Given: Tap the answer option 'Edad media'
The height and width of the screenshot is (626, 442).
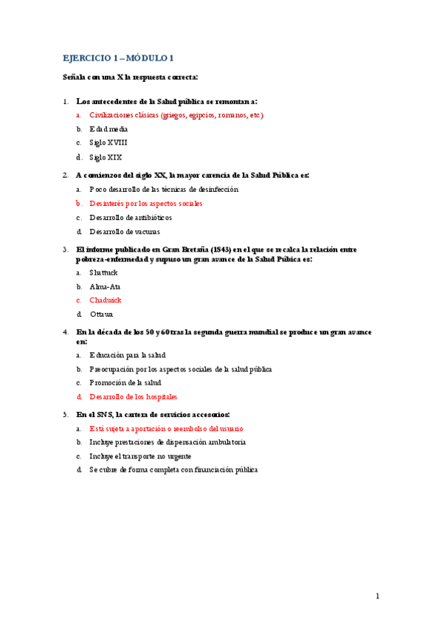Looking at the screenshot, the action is [x=108, y=129].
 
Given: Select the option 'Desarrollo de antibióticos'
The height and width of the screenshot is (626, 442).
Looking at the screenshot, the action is [x=131, y=218].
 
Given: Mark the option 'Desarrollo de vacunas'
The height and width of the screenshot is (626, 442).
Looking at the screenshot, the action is [x=124, y=232].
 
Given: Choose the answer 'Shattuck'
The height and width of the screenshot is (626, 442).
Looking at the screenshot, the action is [x=103, y=272].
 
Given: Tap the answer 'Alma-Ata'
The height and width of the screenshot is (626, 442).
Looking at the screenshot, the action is [x=105, y=286].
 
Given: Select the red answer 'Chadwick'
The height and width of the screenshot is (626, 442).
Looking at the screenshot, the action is [x=105, y=300].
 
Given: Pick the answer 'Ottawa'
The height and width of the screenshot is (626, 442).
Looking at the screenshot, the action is [x=101, y=314].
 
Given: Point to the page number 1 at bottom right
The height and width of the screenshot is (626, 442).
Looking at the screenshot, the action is [x=377, y=596].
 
